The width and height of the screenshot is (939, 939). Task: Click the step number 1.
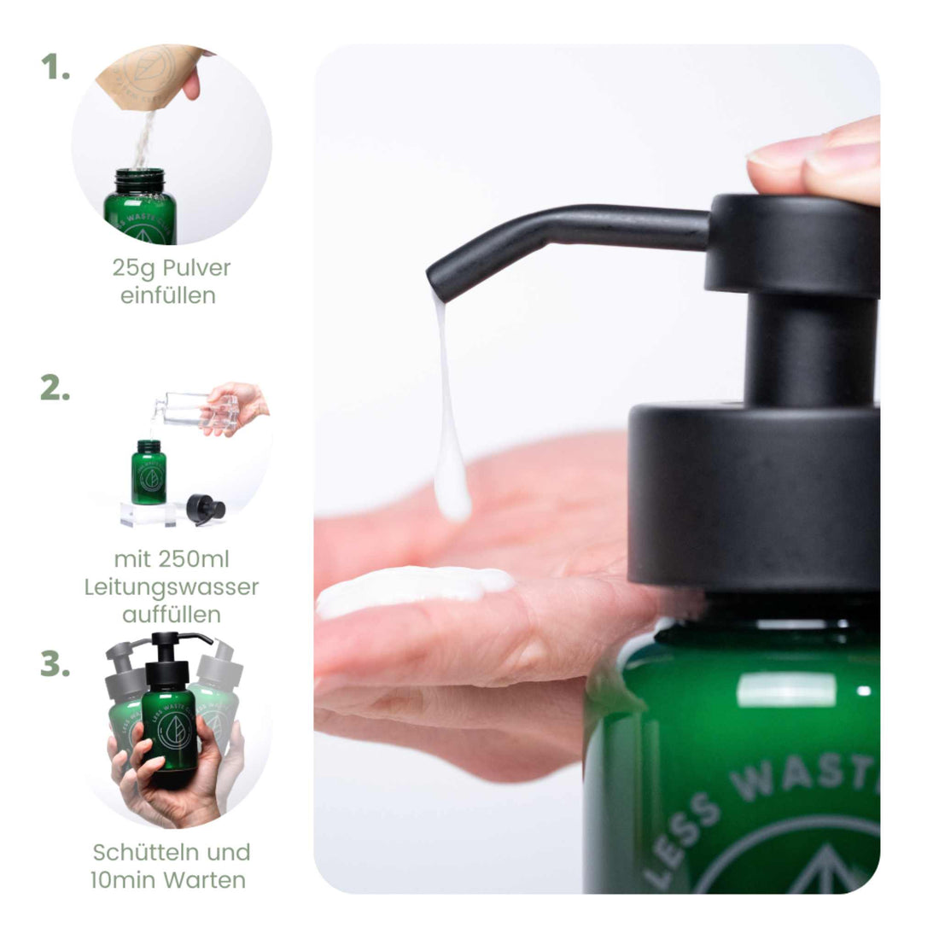point(55,68)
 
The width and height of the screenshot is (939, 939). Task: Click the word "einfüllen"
point(168,296)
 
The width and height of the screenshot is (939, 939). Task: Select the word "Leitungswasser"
point(172,587)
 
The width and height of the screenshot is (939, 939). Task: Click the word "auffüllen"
point(172,615)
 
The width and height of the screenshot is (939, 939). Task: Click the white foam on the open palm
point(410,589)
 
